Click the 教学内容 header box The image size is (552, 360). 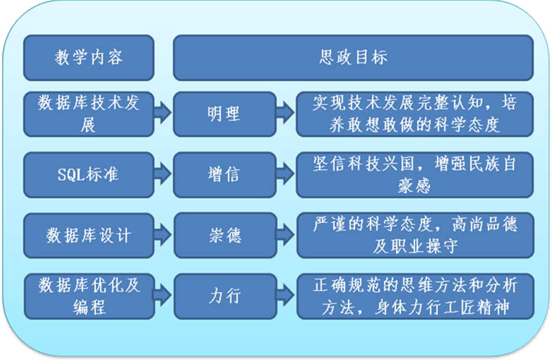tap(89, 57)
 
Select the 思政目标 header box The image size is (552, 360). tap(353, 57)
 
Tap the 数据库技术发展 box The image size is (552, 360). tap(89, 114)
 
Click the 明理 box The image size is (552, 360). tap(224, 114)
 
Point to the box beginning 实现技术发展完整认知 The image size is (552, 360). tap(414, 114)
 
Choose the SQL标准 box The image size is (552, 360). tap(89, 175)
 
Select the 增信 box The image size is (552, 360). tap(224, 175)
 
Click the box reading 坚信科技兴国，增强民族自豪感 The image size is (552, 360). tap(414, 175)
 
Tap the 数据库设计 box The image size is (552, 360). tap(89, 235)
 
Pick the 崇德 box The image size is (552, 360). tap(225, 235)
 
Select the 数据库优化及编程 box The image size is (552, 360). tap(89, 296)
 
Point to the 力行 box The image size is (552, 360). tap(225, 296)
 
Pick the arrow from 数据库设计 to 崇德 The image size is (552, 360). tap(163, 235)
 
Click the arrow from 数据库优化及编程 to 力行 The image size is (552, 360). tap(163, 295)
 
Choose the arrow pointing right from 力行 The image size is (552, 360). tap(286, 295)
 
